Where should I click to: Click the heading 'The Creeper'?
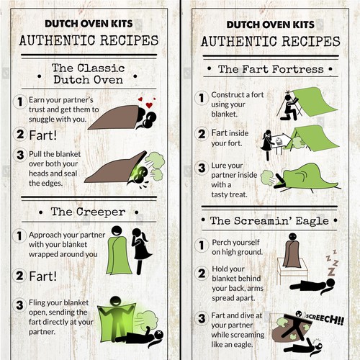[x=89, y=212]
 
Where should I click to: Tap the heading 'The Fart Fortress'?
[x=271, y=69]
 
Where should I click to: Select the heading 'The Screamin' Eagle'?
[x=269, y=221]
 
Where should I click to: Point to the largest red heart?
[x=149, y=105]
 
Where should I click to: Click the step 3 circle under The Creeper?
[x=19, y=305]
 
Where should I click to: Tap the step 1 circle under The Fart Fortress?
[x=201, y=98]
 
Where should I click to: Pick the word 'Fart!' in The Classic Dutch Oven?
[x=42, y=135]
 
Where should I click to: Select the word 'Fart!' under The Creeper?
[x=42, y=276]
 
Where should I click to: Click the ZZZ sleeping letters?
[x=332, y=262]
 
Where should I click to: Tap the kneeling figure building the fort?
[x=289, y=107]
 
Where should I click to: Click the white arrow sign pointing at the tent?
[x=280, y=140]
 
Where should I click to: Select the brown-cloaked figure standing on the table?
[x=292, y=251]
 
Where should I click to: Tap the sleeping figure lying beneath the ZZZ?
[x=312, y=286]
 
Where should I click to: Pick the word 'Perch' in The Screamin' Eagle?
[x=222, y=243]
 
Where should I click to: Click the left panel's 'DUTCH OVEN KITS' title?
[x=89, y=24]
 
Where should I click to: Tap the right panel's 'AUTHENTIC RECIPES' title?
[x=271, y=41]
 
